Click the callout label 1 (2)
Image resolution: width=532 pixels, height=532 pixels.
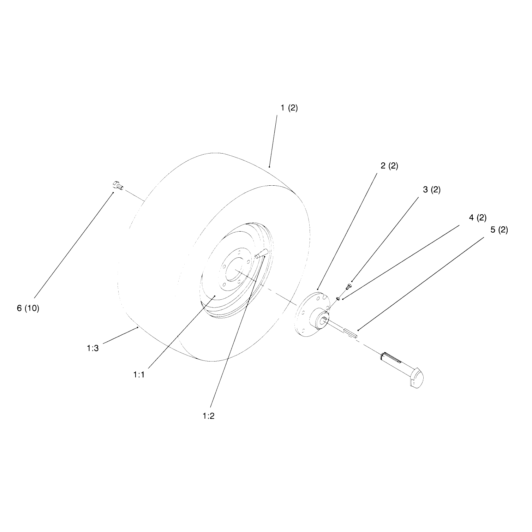pos(289,108)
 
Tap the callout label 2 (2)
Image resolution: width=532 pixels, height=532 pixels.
pos(389,166)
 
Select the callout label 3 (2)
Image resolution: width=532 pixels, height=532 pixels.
pos(432,190)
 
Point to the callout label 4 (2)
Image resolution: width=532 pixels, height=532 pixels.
pos(478,218)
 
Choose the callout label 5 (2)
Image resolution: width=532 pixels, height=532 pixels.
pos(499,230)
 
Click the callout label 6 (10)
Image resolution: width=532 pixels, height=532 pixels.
pos(28,308)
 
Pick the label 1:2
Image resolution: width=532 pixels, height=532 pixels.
pos(209,416)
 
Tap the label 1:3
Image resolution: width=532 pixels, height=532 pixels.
pos(92,348)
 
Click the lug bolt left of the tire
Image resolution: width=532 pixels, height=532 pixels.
pos(118,185)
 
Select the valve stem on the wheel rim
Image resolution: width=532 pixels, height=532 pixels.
pos(261,253)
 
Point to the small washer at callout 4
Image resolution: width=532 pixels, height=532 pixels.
pos(338,298)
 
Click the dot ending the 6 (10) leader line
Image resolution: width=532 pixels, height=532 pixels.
pos(113,192)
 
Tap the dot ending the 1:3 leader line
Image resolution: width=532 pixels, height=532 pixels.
pos(137,328)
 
